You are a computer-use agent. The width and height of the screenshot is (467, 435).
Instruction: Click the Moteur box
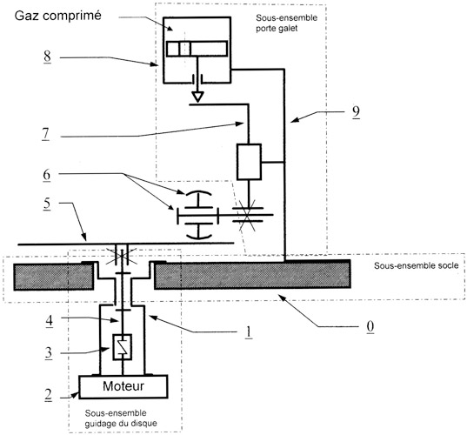123,386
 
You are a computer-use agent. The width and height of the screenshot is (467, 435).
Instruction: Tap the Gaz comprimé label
57,16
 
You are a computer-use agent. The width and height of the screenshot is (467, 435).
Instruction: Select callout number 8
47,57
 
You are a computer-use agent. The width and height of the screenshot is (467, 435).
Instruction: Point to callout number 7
45,134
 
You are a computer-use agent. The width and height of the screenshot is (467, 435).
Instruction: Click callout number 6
47,175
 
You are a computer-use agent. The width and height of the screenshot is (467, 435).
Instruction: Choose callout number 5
47,204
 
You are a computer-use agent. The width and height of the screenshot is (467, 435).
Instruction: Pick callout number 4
50,320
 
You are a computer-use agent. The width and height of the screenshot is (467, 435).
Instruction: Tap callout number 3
49,353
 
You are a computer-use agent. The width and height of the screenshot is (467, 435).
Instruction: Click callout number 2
48,395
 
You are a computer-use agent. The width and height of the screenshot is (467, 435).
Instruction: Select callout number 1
249,332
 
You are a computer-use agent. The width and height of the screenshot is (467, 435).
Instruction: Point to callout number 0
370,326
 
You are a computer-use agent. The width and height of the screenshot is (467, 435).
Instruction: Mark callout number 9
356,112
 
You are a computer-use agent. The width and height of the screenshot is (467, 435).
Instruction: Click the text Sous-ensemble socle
416,265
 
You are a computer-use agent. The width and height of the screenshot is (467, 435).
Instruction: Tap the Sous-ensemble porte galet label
286,23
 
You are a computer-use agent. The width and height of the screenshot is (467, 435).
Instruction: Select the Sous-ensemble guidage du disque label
121,418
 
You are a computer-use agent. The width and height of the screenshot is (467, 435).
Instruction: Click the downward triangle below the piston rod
197,96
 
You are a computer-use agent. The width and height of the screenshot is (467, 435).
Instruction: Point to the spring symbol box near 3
123,347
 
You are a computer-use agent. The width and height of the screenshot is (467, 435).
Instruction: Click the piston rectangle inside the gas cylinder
197,49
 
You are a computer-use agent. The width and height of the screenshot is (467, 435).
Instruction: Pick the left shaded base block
54,277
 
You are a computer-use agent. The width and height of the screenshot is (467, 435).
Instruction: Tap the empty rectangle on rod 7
249,162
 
